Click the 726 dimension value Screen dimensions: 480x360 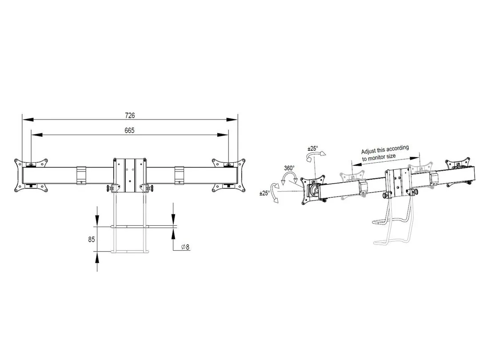coord(130,116)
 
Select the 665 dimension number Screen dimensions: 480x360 coord(129,130)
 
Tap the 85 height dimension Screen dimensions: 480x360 coord(92,240)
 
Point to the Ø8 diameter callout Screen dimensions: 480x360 coord(185,247)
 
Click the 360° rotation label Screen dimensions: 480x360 coord(289,168)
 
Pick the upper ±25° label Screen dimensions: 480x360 coord(313,148)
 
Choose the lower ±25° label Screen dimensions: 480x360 coord(264,193)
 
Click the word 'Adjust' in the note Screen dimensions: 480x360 coord(368,151)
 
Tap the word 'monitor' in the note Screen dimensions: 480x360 coord(378,158)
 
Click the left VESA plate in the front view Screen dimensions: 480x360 coord(31,176)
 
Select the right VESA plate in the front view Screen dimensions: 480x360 coord(229,176)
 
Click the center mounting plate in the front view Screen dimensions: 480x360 coord(130,176)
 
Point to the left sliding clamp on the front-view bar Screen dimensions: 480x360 coord(81,176)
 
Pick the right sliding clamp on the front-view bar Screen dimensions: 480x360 coord(179,176)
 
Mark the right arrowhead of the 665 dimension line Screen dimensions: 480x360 coord(223,134)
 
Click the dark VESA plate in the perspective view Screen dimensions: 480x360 coord(313,189)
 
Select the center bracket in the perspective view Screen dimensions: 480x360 coord(398,183)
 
